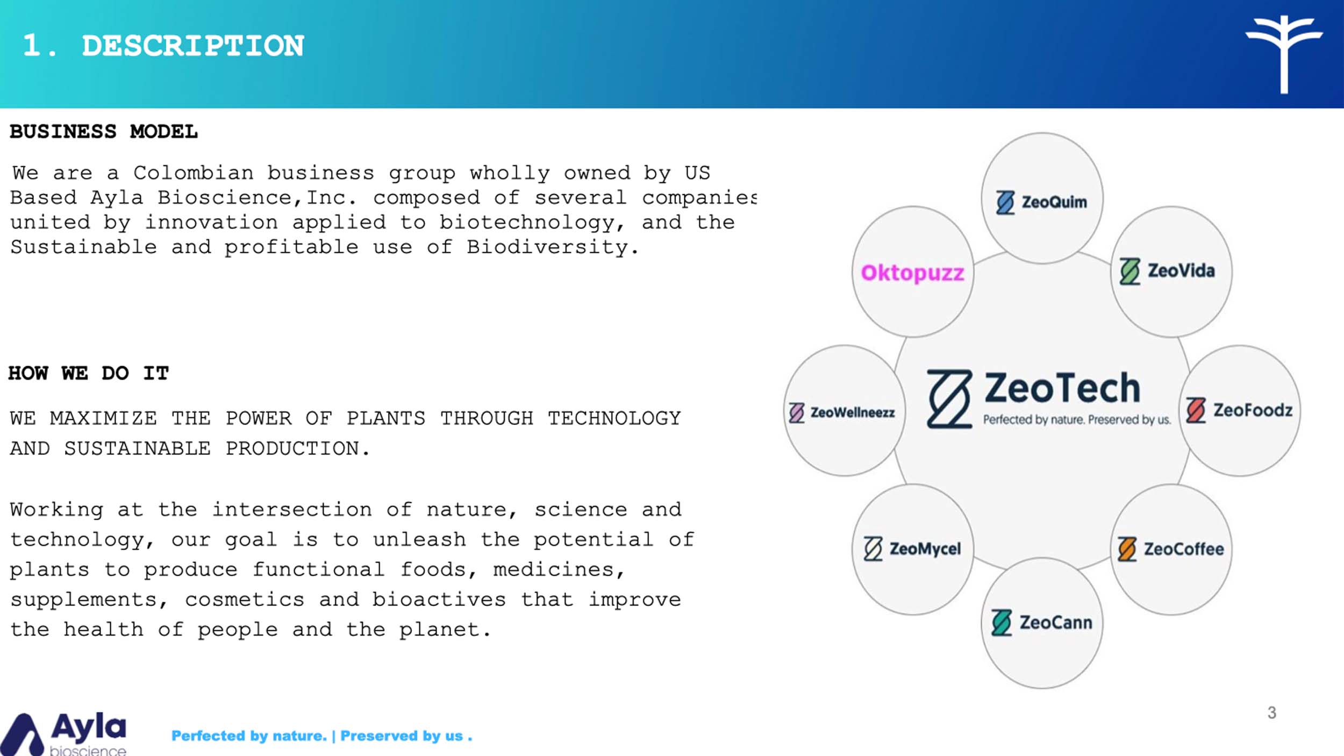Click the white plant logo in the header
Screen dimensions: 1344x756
point(1284,54)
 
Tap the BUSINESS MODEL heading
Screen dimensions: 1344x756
point(104,132)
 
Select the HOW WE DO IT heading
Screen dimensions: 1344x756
point(89,373)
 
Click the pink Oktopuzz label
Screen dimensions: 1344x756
point(912,273)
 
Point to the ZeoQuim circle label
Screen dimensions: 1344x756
point(1041,202)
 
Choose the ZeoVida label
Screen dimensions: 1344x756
point(1167,271)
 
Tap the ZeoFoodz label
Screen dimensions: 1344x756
point(1239,410)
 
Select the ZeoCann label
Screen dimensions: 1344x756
point(1042,623)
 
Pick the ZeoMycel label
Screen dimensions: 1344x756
point(912,549)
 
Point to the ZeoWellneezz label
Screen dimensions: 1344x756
point(842,412)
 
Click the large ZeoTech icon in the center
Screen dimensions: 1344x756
point(949,398)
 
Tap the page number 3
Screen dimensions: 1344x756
point(1271,713)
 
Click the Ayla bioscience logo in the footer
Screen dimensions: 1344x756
point(63,734)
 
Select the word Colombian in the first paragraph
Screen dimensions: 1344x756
point(194,173)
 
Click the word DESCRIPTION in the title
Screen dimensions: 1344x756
point(193,46)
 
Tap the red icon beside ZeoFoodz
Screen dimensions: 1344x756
point(1196,410)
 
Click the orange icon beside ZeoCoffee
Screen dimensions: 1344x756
point(1127,549)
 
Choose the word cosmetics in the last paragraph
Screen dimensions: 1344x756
point(245,600)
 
